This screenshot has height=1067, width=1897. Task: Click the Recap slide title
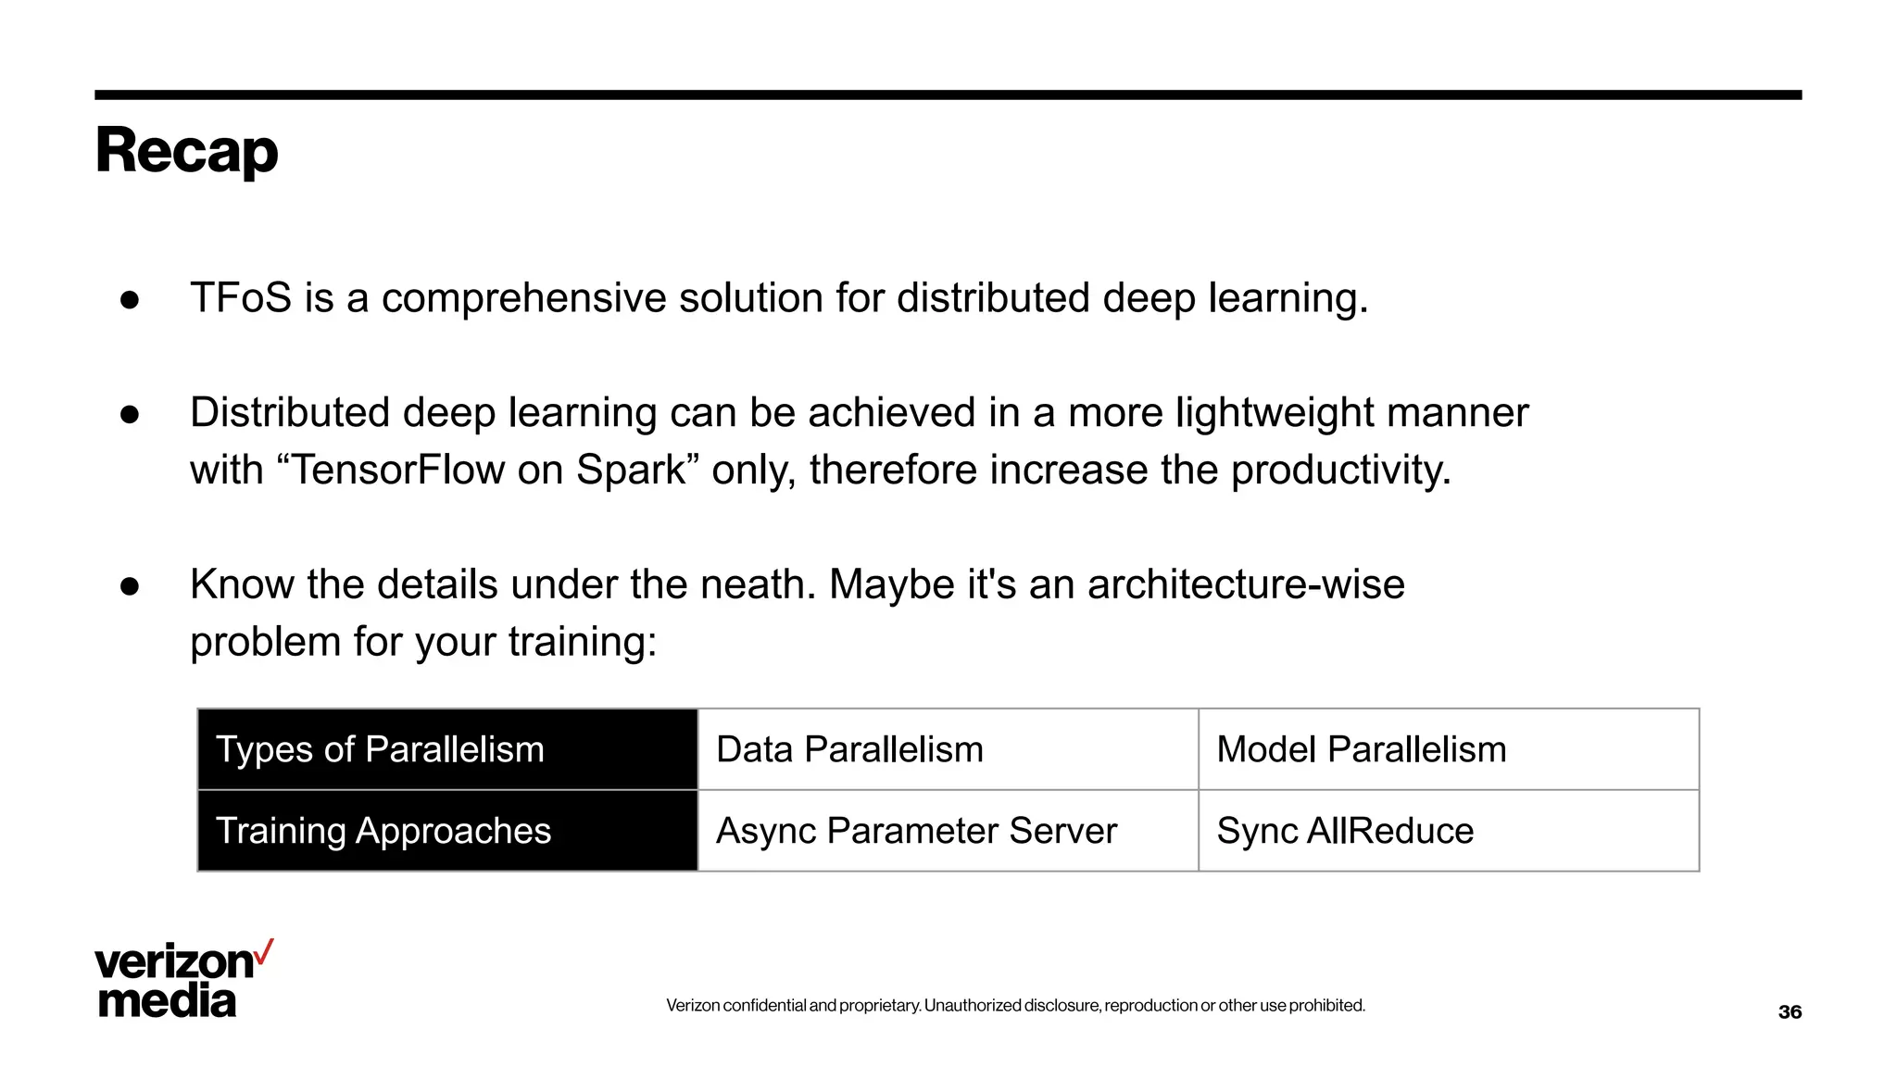(186, 151)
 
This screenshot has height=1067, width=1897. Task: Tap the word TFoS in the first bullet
(241, 298)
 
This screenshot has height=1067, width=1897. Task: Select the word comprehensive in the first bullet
(523, 298)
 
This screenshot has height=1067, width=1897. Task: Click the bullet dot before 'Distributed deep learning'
(130, 414)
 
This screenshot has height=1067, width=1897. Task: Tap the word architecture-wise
(1245, 584)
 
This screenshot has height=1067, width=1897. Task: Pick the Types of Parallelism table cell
(447, 749)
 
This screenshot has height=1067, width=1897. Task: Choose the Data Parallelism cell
(948, 749)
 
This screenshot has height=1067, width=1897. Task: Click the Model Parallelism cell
(1448, 749)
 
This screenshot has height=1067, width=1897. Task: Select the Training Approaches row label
(447, 831)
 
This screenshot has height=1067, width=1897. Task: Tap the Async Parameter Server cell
(948, 831)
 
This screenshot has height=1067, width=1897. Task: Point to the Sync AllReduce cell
(1448, 831)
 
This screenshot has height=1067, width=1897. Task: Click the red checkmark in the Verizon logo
(264, 952)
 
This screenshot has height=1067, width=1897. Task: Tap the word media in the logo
(167, 1001)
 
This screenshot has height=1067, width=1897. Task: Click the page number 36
(1790, 1012)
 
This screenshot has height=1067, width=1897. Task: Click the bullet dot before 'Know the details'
(130, 586)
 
